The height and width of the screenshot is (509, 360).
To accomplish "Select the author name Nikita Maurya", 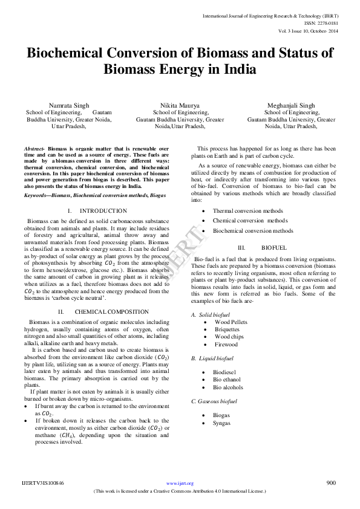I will (x=180, y=105).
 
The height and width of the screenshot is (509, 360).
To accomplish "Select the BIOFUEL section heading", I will (x=274, y=248).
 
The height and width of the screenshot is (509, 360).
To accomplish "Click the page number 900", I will (x=330, y=483).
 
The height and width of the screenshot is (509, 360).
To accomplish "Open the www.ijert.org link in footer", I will (x=180, y=484).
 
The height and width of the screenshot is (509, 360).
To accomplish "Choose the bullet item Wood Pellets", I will (x=231, y=322).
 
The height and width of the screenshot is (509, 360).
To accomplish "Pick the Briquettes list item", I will (x=227, y=329).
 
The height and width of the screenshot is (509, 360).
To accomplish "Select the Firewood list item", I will (x=226, y=344).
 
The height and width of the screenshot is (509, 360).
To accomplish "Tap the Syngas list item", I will (x=221, y=423).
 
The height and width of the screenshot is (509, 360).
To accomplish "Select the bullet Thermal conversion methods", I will (x=247, y=211).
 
